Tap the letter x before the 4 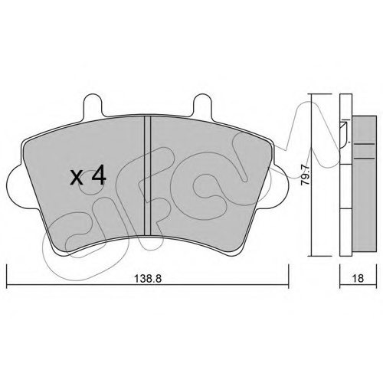point(77,178)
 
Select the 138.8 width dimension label point(149,279)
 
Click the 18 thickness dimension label point(358,278)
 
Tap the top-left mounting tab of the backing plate point(93,105)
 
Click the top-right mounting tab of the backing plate point(202,105)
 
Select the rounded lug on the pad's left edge point(15,186)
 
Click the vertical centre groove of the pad point(147,175)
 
